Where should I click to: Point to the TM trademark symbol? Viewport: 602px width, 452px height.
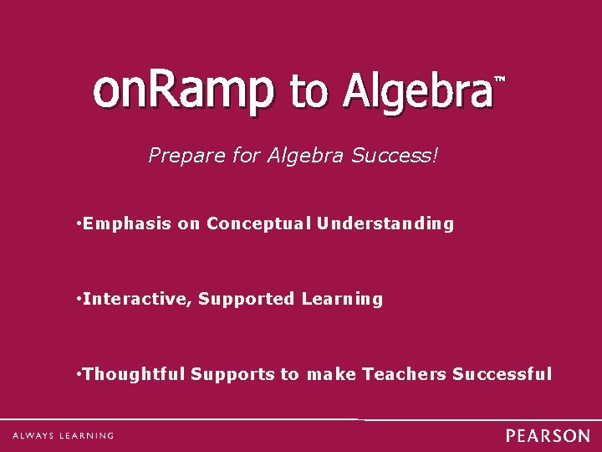[501, 80]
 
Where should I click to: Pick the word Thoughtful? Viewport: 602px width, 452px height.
[135, 374]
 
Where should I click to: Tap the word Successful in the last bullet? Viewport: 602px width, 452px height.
[502, 374]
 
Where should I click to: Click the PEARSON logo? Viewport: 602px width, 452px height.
[548, 436]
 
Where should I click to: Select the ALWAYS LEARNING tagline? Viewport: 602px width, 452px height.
[63, 435]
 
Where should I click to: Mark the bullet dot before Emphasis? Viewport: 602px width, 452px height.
[77, 223]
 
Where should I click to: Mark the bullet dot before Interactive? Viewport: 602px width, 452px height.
[77, 299]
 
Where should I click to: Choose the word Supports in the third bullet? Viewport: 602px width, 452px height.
[232, 374]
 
